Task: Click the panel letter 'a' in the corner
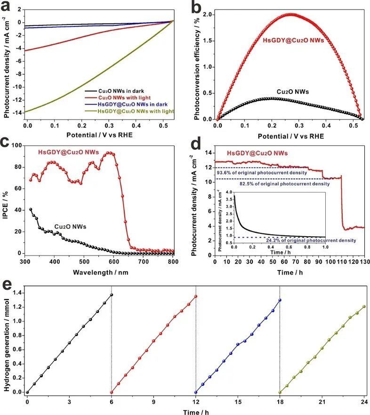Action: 7,6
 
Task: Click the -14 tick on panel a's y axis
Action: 19,112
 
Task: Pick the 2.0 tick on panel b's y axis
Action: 208,15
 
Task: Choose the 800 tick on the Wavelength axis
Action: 174,261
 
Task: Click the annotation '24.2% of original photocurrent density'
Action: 300,241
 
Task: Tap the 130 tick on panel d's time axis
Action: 364,261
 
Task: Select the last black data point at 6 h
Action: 112,295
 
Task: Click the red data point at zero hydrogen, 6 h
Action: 112,392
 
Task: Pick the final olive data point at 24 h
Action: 364,307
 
